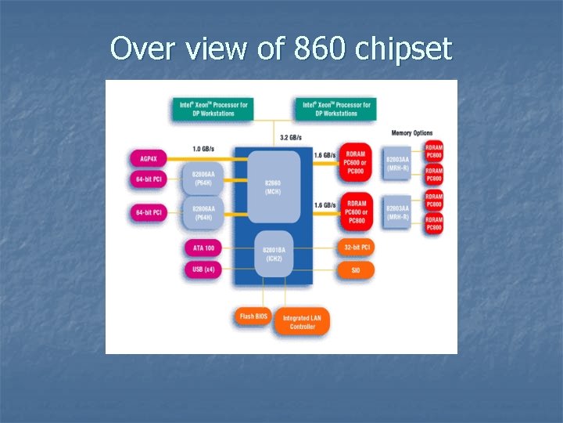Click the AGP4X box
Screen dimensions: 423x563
click(x=148, y=159)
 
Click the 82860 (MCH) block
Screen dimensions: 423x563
click(x=273, y=187)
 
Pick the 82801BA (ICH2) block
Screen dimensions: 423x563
click(x=273, y=254)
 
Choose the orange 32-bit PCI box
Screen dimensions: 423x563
click(x=356, y=248)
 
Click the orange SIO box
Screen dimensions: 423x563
click(x=356, y=270)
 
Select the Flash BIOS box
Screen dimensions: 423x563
click(x=253, y=316)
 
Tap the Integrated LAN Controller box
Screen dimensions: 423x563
click(x=303, y=322)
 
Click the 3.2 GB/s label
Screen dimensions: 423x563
click(x=292, y=139)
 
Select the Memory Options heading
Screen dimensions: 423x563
click(x=411, y=133)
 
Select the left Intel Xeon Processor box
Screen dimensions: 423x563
click(x=213, y=109)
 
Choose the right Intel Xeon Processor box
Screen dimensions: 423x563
click(x=336, y=109)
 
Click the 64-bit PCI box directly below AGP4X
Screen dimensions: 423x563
click(x=148, y=180)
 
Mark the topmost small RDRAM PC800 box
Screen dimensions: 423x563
click(x=434, y=150)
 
